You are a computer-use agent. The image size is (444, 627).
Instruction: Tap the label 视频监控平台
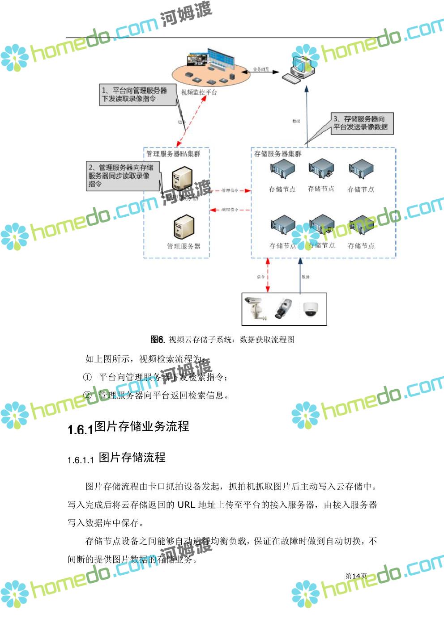tap(199, 93)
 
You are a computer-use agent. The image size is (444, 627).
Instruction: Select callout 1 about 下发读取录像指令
tap(137, 95)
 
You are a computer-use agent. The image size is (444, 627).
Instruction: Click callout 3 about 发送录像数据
tap(362, 123)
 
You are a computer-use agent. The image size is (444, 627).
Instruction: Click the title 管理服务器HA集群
tap(174, 154)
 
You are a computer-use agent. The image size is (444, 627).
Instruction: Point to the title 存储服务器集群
tap(278, 154)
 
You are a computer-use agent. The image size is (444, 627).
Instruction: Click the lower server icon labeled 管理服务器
tap(184, 227)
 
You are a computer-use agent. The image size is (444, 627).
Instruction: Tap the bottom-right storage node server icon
tap(361, 226)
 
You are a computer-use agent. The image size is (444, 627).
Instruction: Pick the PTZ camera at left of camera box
tap(256, 307)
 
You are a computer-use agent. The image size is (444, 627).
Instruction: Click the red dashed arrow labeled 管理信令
tap(231, 191)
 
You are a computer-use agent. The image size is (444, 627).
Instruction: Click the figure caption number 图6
tap(158, 340)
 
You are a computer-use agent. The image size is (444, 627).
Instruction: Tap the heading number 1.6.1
tap(80, 429)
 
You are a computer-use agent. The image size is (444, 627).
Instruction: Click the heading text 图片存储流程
tap(132, 458)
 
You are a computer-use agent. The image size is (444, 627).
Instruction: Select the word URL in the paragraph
tap(186, 505)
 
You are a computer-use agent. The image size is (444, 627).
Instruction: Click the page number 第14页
tap(356, 576)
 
